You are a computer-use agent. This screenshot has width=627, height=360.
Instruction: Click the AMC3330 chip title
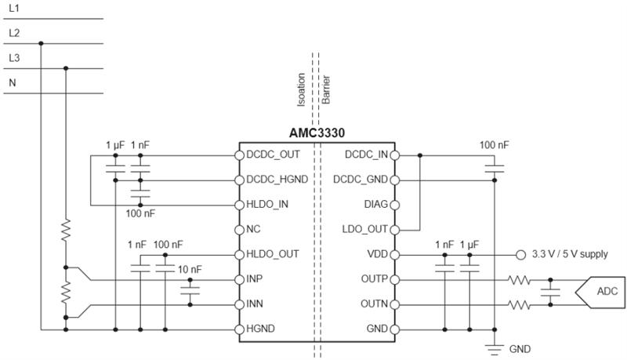[x=317, y=133]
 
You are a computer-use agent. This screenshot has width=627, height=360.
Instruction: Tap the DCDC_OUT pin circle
[x=239, y=155]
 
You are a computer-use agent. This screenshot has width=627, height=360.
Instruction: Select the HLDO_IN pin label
[x=267, y=205]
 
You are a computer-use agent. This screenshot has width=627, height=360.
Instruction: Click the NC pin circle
[x=239, y=230]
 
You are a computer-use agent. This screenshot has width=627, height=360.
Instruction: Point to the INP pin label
[x=254, y=278]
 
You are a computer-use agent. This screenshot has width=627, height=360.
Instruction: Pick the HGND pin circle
[x=239, y=329]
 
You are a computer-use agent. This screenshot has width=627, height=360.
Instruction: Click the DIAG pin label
[x=375, y=205]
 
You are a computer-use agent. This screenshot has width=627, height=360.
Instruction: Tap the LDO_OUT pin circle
[x=395, y=230]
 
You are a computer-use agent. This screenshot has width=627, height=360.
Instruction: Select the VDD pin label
[x=378, y=254]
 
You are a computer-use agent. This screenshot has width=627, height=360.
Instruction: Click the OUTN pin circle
[x=395, y=305]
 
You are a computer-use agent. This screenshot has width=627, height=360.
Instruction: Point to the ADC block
[x=600, y=292]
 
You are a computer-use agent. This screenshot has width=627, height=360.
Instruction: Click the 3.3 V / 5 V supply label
[x=570, y=254]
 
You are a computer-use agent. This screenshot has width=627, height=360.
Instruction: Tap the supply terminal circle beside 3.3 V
[x=520, y=255]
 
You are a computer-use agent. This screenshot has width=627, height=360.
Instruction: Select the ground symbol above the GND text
[x=495, y=349]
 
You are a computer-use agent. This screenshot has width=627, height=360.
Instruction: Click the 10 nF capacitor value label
[x=190, y=270]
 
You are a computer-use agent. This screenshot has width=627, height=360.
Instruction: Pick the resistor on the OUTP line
[x=520, y=280]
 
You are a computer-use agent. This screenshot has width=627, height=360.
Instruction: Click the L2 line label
[x=14, y=33]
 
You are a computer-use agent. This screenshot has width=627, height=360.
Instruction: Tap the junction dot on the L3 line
[x=66, y=68]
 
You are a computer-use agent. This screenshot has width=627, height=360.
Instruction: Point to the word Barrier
[x=326, y=89]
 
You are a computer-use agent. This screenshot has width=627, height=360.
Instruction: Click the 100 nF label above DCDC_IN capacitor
[x=495, y=145]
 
